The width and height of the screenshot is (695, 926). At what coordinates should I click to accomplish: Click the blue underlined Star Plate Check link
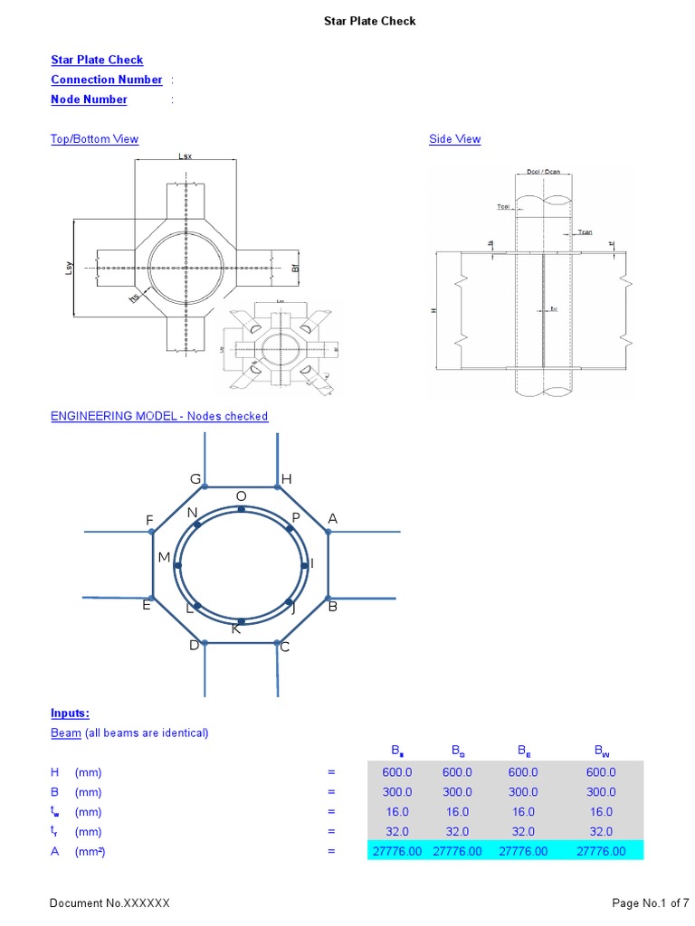(x=97, y=60)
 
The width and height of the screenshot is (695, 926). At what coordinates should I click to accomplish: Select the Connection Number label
(x=107, y=80)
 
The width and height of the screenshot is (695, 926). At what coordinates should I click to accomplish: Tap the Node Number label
(x=89, y=99)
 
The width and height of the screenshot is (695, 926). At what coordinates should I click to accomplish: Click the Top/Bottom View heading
(x=94, y=139)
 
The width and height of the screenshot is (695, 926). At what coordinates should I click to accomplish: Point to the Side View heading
(x=454, y=139)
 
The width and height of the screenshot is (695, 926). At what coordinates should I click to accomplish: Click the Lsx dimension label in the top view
(x=186, y=156)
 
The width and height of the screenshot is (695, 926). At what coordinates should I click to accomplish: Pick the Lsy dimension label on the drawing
(x=69, y=268)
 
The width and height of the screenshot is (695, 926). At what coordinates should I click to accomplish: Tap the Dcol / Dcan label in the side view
(x=543, y=172)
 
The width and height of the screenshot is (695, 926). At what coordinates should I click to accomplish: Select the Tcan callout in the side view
(x=584, y=232)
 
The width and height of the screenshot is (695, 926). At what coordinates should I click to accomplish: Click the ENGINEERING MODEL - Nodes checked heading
(x=159, y=416)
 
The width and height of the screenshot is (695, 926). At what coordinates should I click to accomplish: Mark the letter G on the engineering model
(x=195, y=478)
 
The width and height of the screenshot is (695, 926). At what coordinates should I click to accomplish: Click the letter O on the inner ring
(x=241, y=496)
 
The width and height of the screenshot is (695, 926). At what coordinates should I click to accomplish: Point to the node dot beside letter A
(x=328, y=532)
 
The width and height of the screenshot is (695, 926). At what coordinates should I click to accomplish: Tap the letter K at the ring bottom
(x=236, y=628)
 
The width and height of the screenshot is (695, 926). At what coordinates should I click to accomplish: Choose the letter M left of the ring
(x=164, y=558)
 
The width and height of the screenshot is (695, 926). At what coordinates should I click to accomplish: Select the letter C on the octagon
(x=284, y=647)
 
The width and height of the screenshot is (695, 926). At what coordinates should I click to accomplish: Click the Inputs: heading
(x=70, y=713)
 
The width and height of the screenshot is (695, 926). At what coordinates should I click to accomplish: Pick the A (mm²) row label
(x=78, y=851)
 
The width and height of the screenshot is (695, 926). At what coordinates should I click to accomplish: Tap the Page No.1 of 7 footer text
(x=651, y=903)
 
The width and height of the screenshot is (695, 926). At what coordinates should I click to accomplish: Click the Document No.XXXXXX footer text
(x=109, y=903)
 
